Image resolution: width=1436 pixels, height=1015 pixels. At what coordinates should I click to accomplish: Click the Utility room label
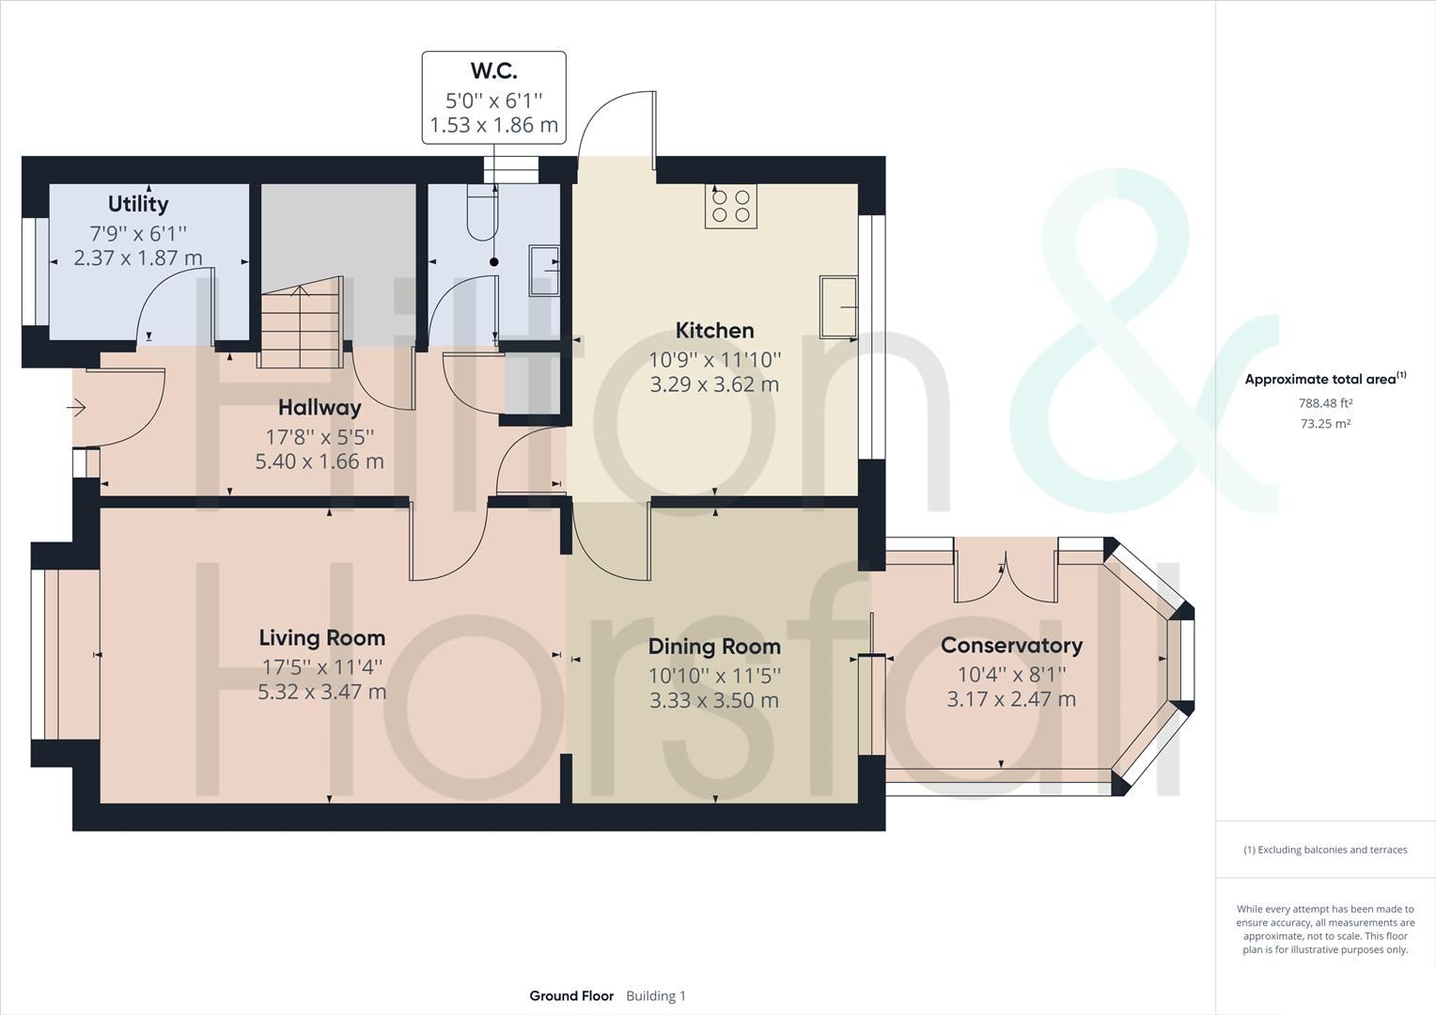[x=138, y=204]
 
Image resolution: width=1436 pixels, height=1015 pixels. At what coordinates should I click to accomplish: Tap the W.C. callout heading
[x=493, y=70]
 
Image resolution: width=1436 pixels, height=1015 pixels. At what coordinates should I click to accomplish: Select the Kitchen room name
[x=714, y=331]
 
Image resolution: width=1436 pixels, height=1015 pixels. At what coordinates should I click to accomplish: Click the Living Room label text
[x=322, y=638]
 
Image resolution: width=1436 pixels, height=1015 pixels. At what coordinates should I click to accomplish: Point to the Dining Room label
[x=714, y=647]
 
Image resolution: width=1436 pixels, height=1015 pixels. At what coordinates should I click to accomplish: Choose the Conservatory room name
[x=1011, y=646]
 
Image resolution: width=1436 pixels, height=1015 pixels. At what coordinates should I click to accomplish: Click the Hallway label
[x=320, y=408]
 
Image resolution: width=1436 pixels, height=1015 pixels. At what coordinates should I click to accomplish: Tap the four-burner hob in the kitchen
[x=731, y=206]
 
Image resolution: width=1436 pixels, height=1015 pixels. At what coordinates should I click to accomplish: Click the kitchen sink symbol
[x=838, y=306]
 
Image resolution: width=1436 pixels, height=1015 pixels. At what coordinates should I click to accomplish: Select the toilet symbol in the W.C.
[x=481, y=215]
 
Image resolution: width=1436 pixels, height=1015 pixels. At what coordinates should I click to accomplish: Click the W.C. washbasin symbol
[x=544, y=271]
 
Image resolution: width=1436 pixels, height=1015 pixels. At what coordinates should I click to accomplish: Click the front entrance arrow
[x=76, y=408]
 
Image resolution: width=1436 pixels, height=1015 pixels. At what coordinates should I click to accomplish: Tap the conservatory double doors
[x=1005, y=576]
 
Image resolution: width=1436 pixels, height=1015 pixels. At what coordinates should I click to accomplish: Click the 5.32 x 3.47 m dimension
[x=322, y=693]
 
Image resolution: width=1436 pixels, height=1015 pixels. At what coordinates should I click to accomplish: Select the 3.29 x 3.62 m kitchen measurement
[x=714, y=384]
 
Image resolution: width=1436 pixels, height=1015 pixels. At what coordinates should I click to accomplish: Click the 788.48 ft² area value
[x=1325, y=403]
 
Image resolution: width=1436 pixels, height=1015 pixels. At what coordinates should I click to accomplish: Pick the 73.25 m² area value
[x=1325, y=424]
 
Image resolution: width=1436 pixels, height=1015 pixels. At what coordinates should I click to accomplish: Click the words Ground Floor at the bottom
[x=571, y=996]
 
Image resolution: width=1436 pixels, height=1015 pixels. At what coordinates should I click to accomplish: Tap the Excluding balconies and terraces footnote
[x=1325, y=850]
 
